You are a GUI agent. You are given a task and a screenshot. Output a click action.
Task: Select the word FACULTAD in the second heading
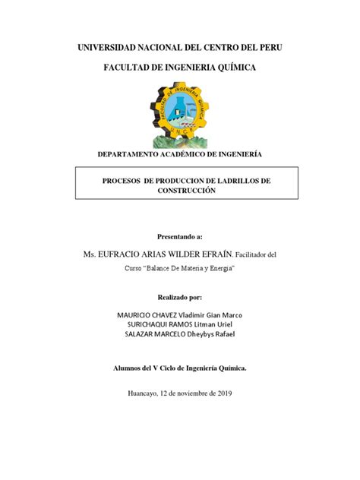coord(127,68)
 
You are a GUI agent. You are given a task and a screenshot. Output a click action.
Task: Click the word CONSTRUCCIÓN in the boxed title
coord(180,192)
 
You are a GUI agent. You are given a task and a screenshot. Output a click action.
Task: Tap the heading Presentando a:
coord(180,237)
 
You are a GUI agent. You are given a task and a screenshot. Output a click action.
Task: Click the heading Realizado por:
coord(180,298)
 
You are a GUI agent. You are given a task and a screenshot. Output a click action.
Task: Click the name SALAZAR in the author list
coord(118,335)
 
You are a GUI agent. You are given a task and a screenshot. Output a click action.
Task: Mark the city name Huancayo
coord(146,393)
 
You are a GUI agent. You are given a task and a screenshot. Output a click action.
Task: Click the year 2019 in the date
coord(224,393)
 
